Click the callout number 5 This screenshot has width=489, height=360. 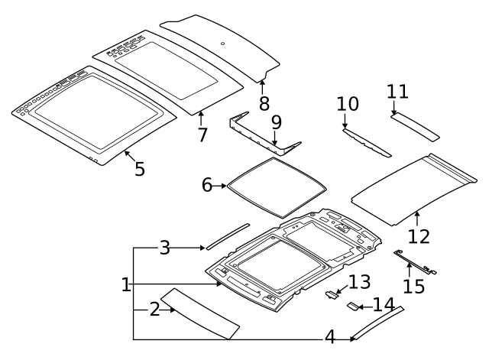coord(139,168)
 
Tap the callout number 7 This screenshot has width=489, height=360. coord(202,135)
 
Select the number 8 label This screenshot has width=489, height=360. coord(264,102)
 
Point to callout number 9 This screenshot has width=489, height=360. coord(276,122)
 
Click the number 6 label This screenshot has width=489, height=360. coord(207,185)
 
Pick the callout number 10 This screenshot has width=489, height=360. coord(347,103)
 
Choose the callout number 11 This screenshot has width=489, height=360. coord(397,92)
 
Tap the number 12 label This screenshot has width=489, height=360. coord(419,236)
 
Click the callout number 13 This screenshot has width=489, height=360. coord(359,281)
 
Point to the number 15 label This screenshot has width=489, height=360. coord(413,287)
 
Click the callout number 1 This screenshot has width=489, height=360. coord(126,285)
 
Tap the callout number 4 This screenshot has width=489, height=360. coord(330,336)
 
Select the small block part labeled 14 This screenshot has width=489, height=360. coord(353,307)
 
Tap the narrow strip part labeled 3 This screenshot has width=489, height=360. coord(226,236)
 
